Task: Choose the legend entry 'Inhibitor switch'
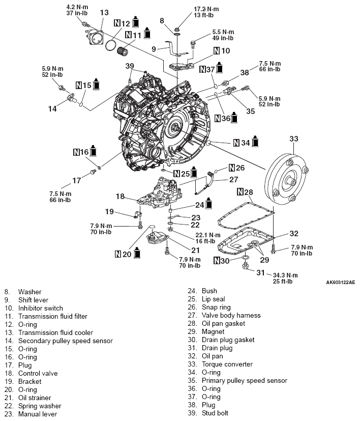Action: pos(41,308)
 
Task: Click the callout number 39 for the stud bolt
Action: pos(130,66)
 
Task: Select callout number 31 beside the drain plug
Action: pos(260,273)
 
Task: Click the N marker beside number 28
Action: pos(241,192)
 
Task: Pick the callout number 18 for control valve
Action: pos(120,196)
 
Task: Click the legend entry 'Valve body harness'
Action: pos(231,315)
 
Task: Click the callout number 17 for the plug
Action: pos(76,180)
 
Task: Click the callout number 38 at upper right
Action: pos(245,73)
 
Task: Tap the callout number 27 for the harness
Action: pos(233,179)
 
